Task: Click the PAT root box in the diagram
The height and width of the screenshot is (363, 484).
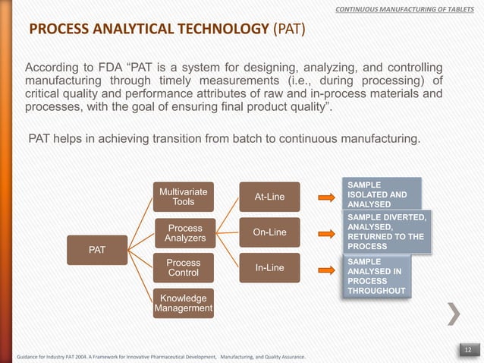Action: pos(97,248)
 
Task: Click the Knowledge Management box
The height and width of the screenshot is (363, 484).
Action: pos(183,303)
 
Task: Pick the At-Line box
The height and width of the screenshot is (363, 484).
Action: pos(269,197)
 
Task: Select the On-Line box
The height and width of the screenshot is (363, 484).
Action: pos(269,232)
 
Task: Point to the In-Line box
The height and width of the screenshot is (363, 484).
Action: pos(269,267)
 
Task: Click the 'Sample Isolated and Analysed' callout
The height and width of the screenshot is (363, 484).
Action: pos(380,194)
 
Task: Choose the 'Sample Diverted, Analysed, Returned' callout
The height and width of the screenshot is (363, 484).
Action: pos(386,232)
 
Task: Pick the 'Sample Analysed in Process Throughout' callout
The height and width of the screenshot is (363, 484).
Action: pos(376,276)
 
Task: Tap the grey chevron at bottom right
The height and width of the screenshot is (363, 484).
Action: pos(454,314)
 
